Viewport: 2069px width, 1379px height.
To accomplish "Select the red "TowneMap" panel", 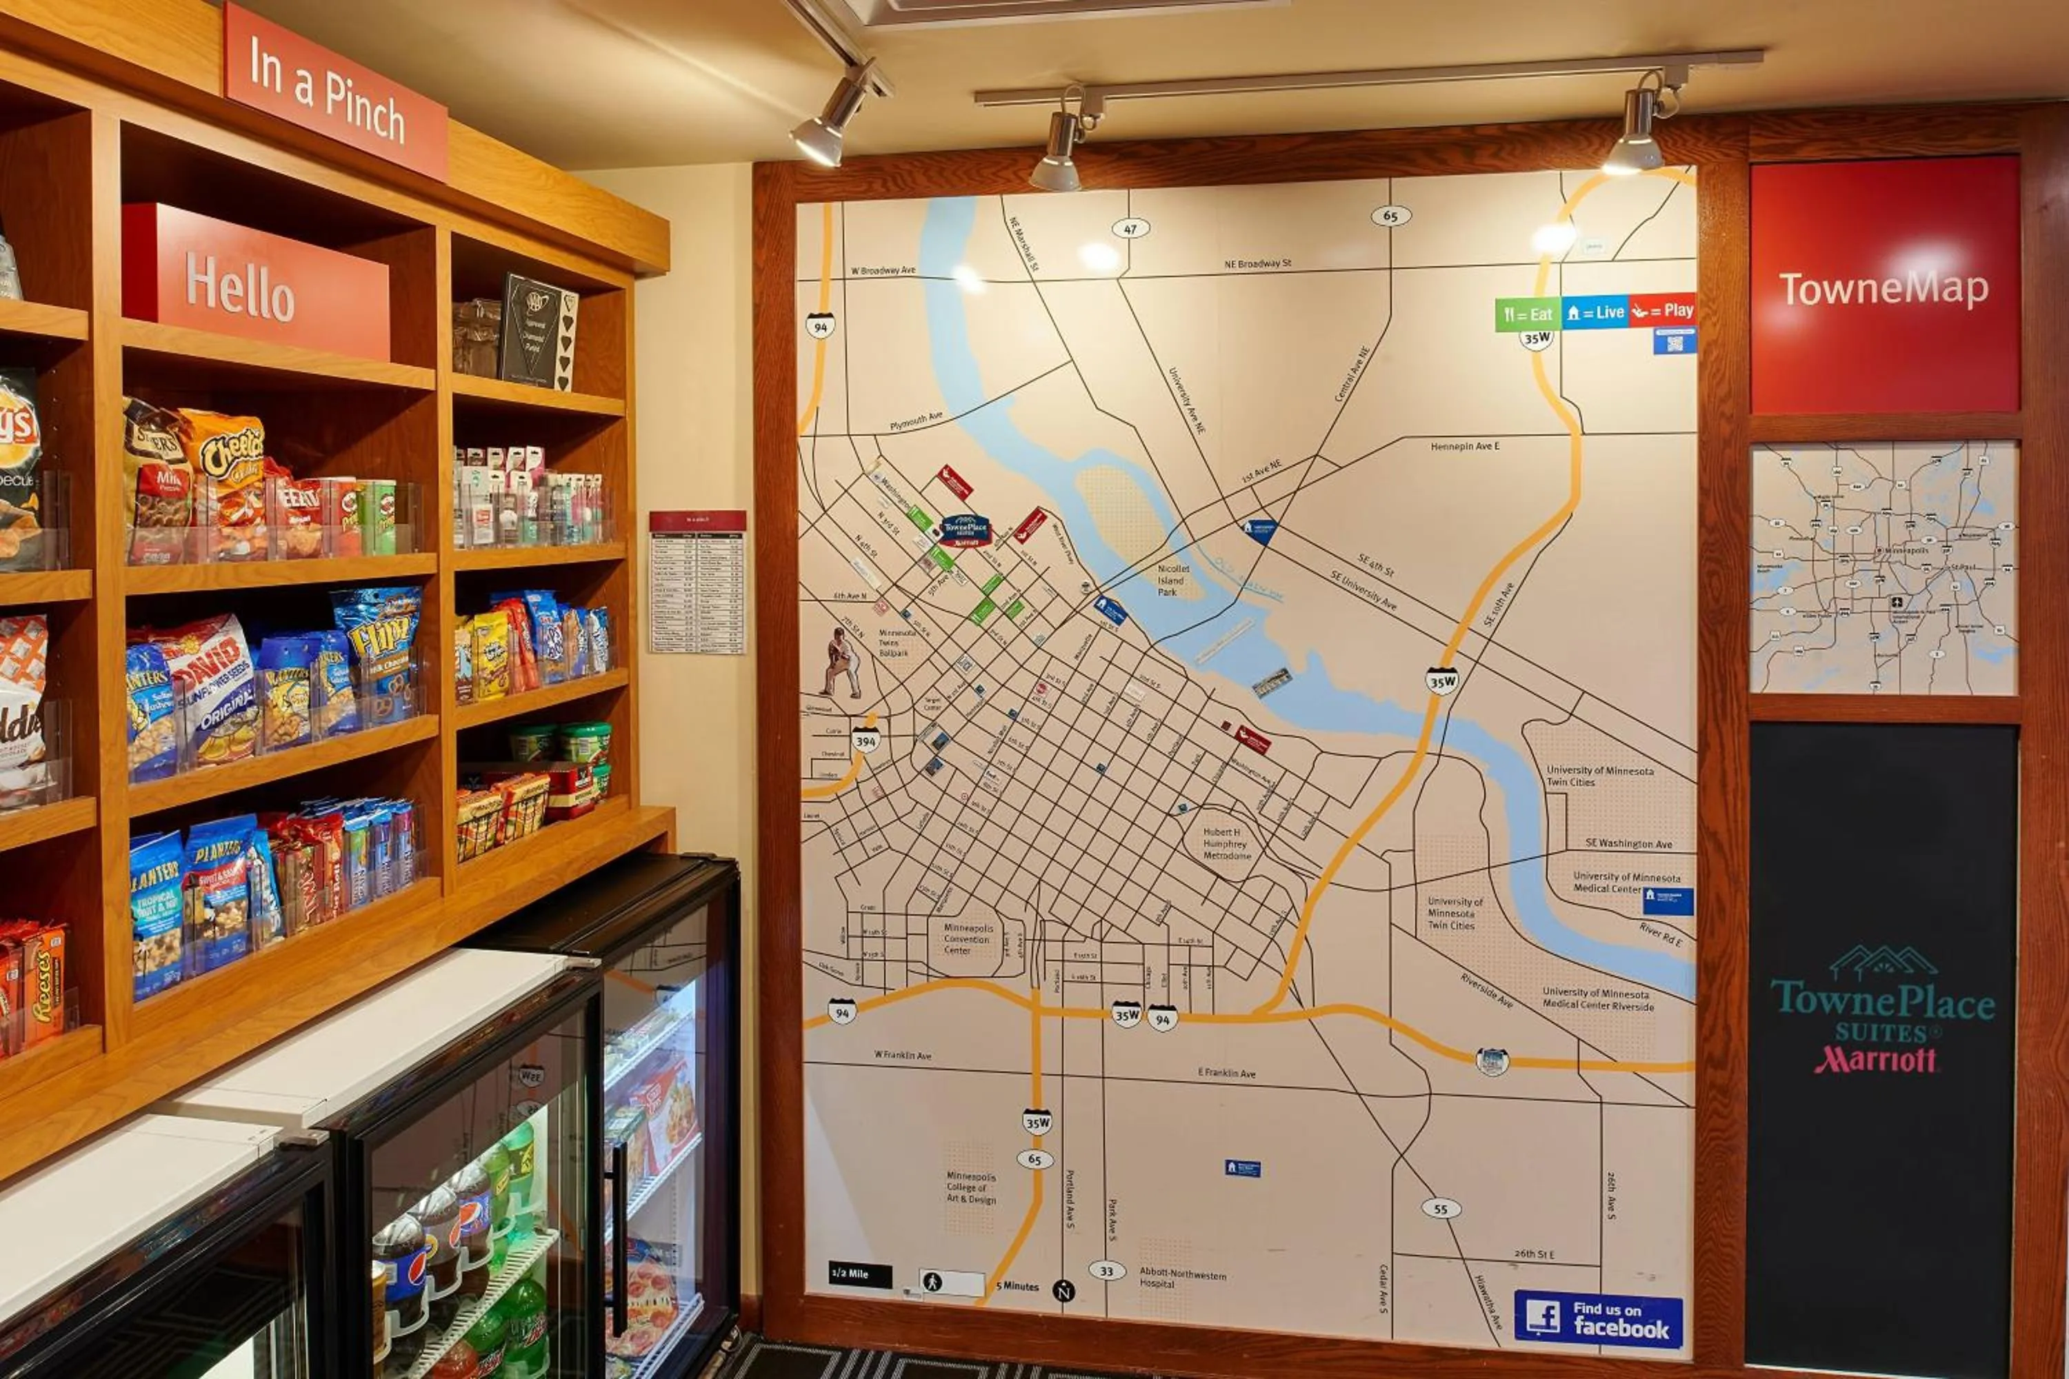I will (1883, 286).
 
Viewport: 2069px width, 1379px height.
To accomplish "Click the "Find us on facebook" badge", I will (1597, 1318).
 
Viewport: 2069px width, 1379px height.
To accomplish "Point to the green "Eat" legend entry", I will (1528, 314).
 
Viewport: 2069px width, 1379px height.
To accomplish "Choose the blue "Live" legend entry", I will (1595, 312).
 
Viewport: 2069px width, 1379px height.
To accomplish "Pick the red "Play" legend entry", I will (1661, 310).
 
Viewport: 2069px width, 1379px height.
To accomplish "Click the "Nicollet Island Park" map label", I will (1172, 581).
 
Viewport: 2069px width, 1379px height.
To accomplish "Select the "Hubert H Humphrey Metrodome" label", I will (1226, 843).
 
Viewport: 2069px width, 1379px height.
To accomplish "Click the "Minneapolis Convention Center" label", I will (968, 938).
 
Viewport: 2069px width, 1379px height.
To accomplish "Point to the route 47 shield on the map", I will (1130, 229).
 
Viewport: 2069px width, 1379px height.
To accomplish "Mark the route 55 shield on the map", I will (1440, 1209).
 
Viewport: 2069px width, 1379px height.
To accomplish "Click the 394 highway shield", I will (866, 741).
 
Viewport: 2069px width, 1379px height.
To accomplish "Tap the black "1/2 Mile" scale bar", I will (859, 1274).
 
